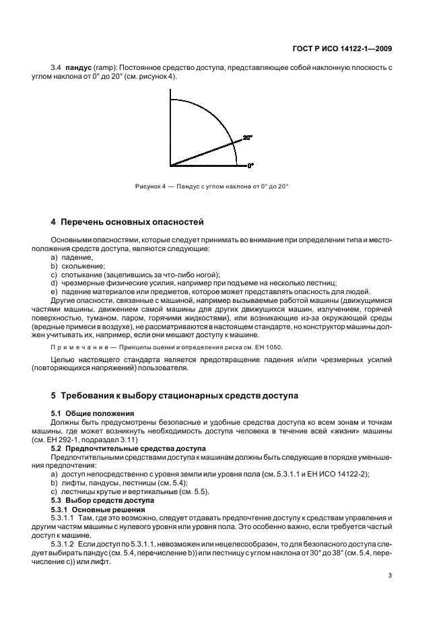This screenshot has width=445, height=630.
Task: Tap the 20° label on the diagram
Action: click(247, 137)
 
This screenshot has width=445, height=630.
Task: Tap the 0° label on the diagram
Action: click(250, 165)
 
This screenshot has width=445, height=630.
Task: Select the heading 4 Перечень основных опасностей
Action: click(127, 222)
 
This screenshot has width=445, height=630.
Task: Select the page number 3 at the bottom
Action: click(390, 575)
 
